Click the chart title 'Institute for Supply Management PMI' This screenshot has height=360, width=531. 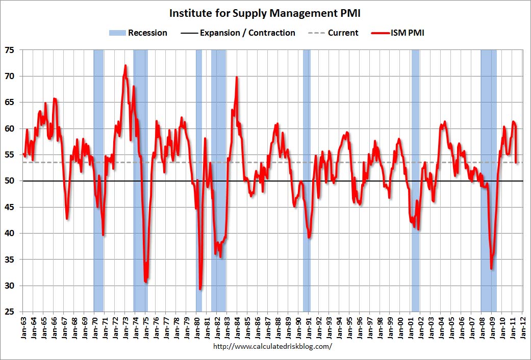coord(265,13)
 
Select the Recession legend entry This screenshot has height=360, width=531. coord(138,33)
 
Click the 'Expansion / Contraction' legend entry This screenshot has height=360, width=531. coord(238,33)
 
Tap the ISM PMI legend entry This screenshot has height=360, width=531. coord(396,33)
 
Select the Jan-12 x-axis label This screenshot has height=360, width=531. coord(523,326)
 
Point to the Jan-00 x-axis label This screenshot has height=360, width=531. coord(401,326)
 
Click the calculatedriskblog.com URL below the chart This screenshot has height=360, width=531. coord(265,346)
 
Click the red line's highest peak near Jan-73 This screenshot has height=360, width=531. coord(125,66)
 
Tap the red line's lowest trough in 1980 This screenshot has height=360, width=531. coord(200,289)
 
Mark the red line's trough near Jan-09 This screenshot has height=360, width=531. coord(491,268)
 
